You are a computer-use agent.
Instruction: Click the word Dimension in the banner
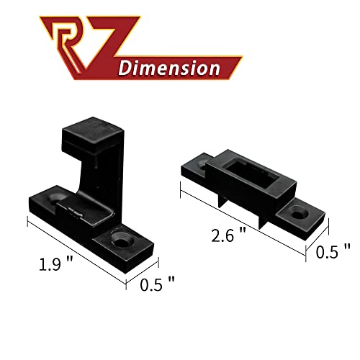168,69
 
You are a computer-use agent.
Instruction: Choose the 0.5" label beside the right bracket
333,251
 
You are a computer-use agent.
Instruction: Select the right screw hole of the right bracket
300,215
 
